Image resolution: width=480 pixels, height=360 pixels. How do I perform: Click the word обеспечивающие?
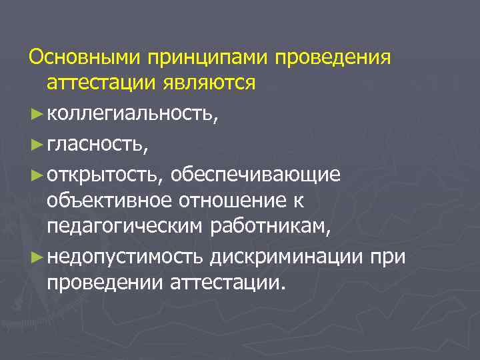(255, 173)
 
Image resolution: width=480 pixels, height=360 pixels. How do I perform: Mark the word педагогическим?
(125, 227)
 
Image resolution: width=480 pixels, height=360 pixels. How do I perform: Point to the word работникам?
(270, 227)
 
